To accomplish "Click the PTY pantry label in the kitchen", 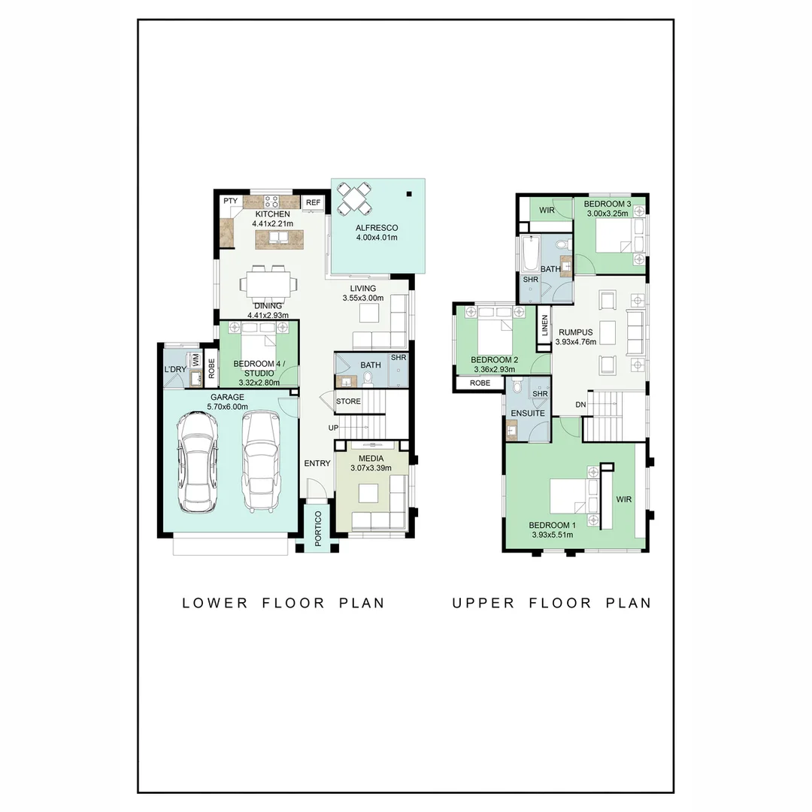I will (230, 201).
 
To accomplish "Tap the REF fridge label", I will (313, 202).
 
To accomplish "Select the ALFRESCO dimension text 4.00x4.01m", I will (377, 238).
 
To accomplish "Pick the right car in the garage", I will (261, 462).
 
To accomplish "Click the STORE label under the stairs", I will (348, 401).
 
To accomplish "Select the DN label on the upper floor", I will (580, 404).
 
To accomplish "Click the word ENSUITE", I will (528, 414).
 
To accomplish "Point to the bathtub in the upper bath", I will (529, 254).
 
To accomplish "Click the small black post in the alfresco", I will (409, 194).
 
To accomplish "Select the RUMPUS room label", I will (575, 332).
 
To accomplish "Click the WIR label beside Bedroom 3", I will (547, 211).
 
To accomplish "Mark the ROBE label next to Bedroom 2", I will (480, 383).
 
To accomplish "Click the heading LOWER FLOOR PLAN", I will (283, 603).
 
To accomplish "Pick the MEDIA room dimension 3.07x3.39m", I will (371, 468).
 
